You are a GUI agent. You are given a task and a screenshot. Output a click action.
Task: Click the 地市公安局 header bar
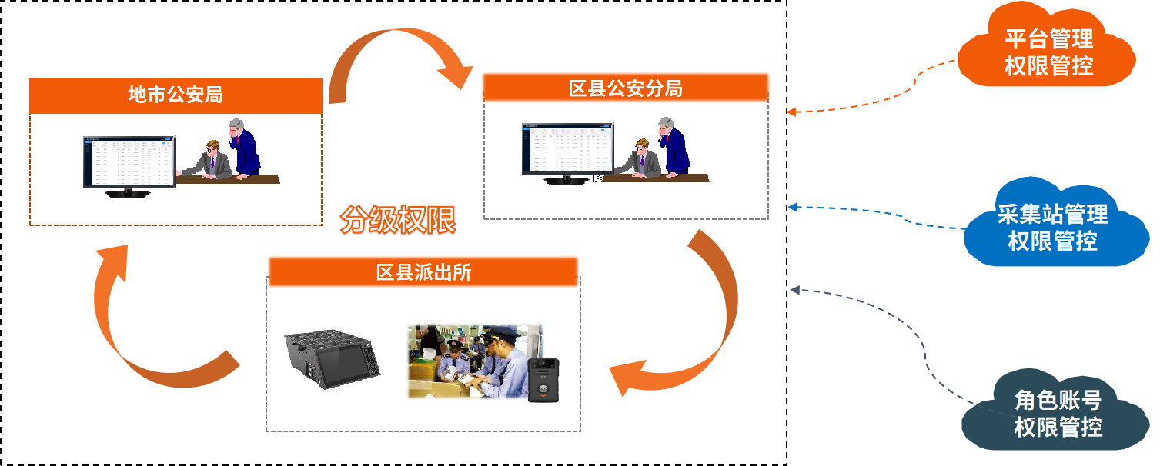click(176, 95)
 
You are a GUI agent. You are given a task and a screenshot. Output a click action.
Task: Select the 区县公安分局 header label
click(625, 88)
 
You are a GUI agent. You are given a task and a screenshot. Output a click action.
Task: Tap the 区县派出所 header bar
click(423, 272)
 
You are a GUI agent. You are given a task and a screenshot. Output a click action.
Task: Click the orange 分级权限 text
click(398, 220)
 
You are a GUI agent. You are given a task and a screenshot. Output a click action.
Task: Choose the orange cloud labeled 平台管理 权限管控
click(1048, 50)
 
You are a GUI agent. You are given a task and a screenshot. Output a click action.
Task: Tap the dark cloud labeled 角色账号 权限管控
click(1057, 414)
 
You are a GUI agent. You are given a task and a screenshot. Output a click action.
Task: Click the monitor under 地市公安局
click(129, 163)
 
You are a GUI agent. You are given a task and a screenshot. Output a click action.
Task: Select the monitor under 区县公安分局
click(567, 150)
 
